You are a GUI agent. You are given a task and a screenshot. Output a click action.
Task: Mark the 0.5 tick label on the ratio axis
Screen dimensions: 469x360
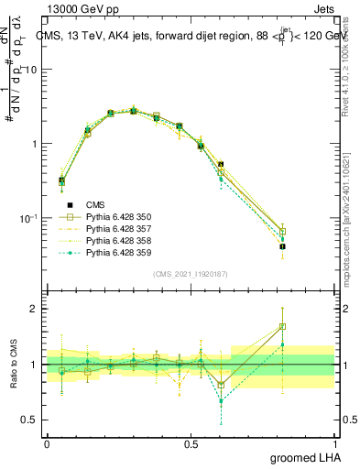pyautogui.click(x=30, y=420)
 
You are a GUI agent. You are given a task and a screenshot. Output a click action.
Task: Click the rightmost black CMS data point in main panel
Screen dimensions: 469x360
pyautogui.click(x=308, y=246)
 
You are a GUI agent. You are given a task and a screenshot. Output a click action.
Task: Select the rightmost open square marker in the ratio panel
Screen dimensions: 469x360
pyautogui.click(x=308, y=326)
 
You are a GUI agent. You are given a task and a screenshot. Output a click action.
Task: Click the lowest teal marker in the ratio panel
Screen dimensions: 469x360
pyautogui.click(x=221, y=401)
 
